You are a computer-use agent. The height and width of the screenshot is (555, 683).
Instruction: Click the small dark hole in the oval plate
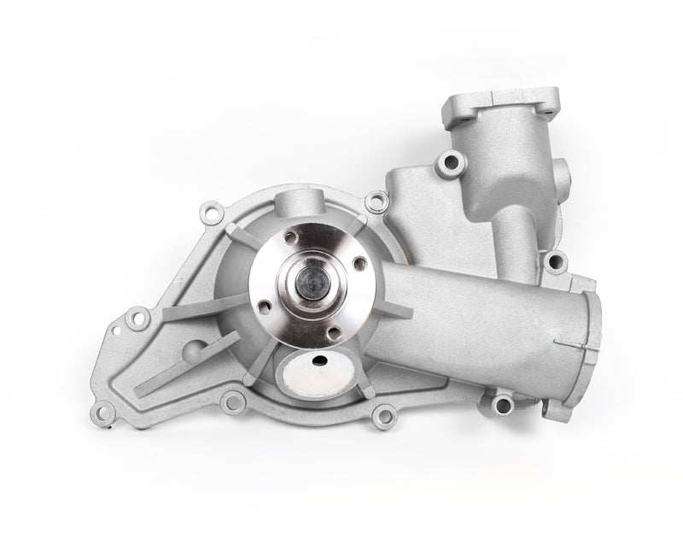[x=322, y=360]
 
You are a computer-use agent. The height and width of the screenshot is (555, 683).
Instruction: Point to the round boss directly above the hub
[x=295, y=207]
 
